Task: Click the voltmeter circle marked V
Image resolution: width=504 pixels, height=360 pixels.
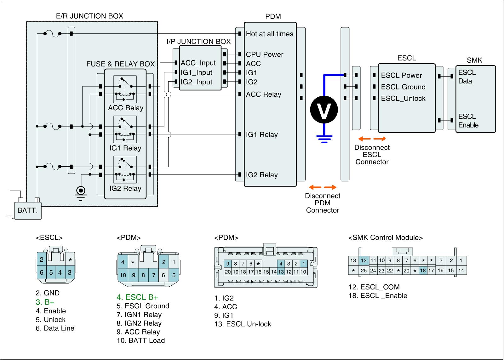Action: tap(324, 110)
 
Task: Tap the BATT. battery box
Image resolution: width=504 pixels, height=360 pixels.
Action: tap(28, 210)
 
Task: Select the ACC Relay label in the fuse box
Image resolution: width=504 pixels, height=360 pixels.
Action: tap(125, 108)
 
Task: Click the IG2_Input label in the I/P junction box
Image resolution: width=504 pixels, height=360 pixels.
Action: tap(197, 82)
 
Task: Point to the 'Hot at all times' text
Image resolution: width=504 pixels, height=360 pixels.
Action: tap(269, 34)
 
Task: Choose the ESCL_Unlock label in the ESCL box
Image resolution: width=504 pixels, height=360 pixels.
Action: tap(403, 99)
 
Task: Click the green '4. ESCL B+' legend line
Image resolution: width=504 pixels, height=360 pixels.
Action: tap(137, 297)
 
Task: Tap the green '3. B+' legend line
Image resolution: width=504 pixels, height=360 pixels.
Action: tap(45, 302)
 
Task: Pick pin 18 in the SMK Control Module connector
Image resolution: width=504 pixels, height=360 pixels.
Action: tap(423, 271)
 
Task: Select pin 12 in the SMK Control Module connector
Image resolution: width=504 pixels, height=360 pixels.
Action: tap(364, 260)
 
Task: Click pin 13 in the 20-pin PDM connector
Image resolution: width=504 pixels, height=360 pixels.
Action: tap(281, 272)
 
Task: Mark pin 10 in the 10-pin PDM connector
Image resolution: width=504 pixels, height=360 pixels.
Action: tap(123, 275)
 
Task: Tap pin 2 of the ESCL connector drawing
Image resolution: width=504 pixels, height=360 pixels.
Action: tap(42, 260)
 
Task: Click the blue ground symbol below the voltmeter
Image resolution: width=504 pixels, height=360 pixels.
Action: tap(324, 139)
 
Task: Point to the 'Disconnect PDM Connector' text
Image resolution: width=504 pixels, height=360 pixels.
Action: tap(323, 203)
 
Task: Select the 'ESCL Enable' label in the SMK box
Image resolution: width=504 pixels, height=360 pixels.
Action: tap(468, 121)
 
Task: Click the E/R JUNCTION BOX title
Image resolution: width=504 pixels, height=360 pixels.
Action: tap(89, 16)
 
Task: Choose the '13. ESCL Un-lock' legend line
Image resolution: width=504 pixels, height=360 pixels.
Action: tap(243, 324)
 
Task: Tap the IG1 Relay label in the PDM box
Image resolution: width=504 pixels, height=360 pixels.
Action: tap(262, 135)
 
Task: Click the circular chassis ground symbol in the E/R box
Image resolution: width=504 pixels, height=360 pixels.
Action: tap(81, 191)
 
